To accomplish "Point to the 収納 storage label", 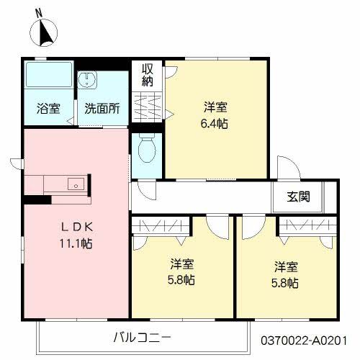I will pyautogui.click(x=148, y=74).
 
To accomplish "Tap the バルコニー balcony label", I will pyautogui.click(x=142, y=336).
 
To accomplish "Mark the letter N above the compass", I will pyautogui.click(x=37, y=12).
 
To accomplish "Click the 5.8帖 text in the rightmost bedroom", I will pyautogui.click(x=284, y=283).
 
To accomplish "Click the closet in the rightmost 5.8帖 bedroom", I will pyautogui.click(x=307, y=225).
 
